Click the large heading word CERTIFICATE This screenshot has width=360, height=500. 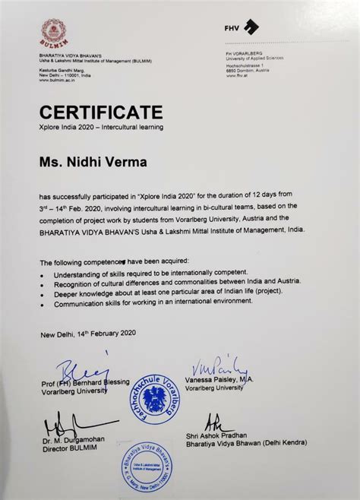coord(101,112)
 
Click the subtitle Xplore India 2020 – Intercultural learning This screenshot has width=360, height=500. coord(101,128)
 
